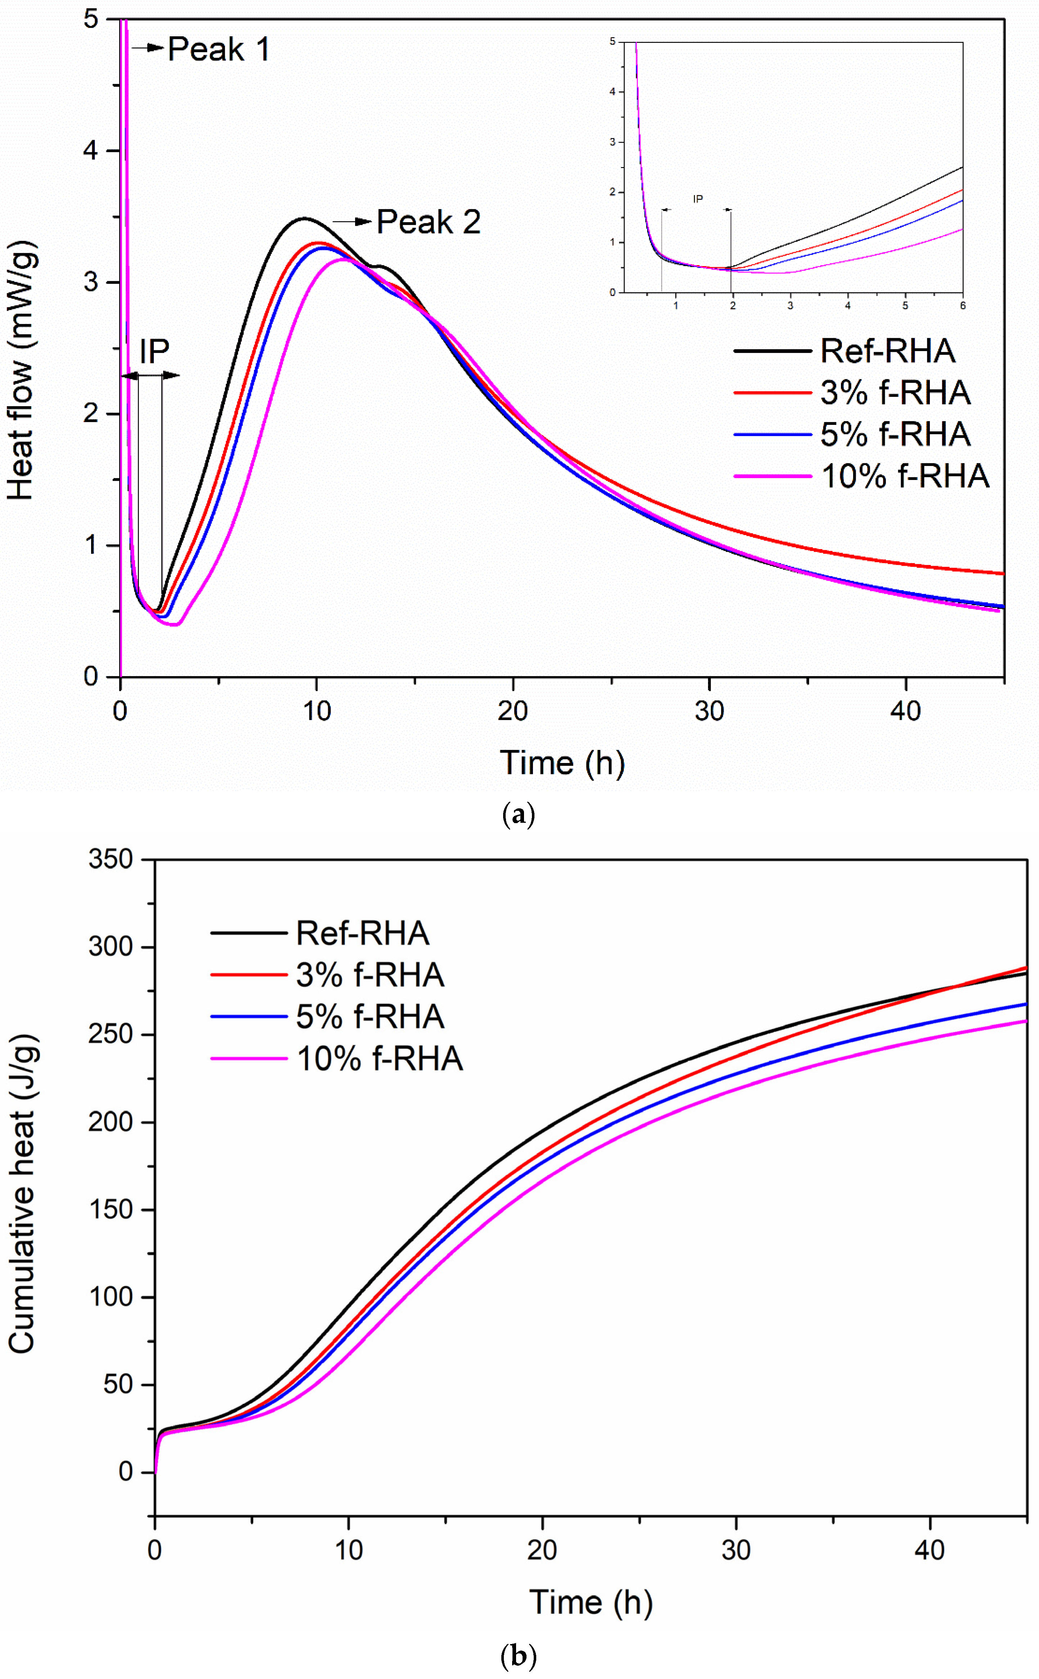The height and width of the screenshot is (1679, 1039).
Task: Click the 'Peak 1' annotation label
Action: (219, 49)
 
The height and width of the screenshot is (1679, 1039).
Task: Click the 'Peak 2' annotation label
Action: (428, 222)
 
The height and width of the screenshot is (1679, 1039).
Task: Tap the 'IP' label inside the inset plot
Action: (698, 199)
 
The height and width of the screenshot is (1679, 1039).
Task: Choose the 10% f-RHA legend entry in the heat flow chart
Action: (904, 476)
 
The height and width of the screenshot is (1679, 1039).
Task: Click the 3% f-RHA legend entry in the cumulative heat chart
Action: (370, 975)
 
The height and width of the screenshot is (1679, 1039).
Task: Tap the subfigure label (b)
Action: (519, 1657)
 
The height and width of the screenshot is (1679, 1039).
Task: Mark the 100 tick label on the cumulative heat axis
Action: (110, 1297)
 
